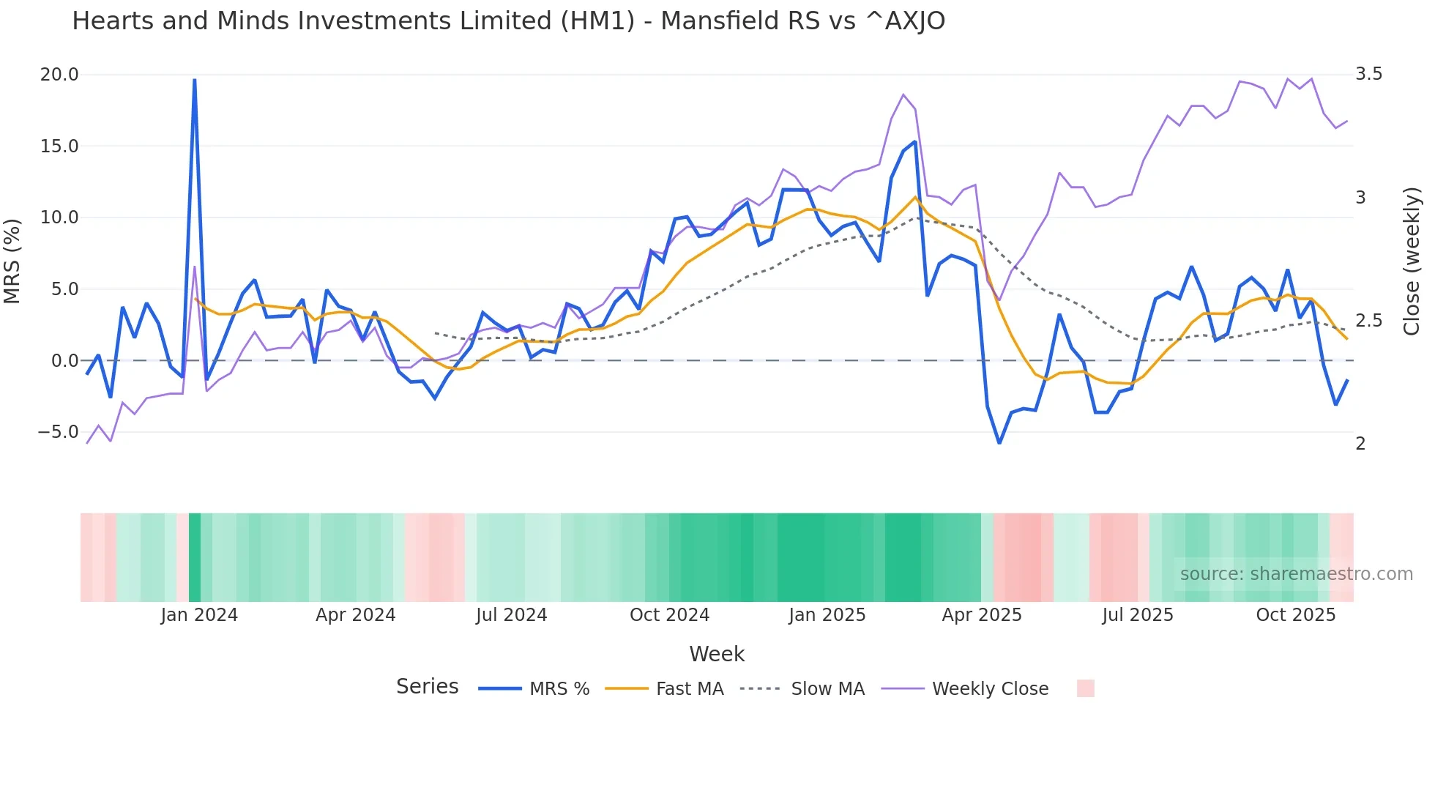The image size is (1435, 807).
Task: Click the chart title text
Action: (508, 21)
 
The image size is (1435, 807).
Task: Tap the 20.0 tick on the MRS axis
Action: (59, 75)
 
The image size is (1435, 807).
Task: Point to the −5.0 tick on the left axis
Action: (58, 432)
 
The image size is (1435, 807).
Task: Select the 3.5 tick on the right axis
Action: (1368, 74)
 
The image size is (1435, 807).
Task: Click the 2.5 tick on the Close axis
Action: (1368, 321)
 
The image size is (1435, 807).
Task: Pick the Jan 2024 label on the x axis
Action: (199, 615)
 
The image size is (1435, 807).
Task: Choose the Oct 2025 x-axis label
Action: (1295, 615)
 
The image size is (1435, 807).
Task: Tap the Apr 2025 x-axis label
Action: (981, 615)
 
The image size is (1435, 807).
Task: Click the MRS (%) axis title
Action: (12, 261)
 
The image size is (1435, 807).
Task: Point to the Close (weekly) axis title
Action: (1412, 261)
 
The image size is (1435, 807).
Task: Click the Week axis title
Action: (717, 654)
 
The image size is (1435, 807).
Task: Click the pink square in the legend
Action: (1085, 688)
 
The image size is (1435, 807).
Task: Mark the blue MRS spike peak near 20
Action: (194, 80)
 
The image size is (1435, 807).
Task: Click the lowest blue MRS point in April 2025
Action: (999, 443)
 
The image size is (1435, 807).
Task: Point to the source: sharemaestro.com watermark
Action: (1296, 574)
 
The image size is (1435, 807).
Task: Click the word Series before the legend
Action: (427, 687)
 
